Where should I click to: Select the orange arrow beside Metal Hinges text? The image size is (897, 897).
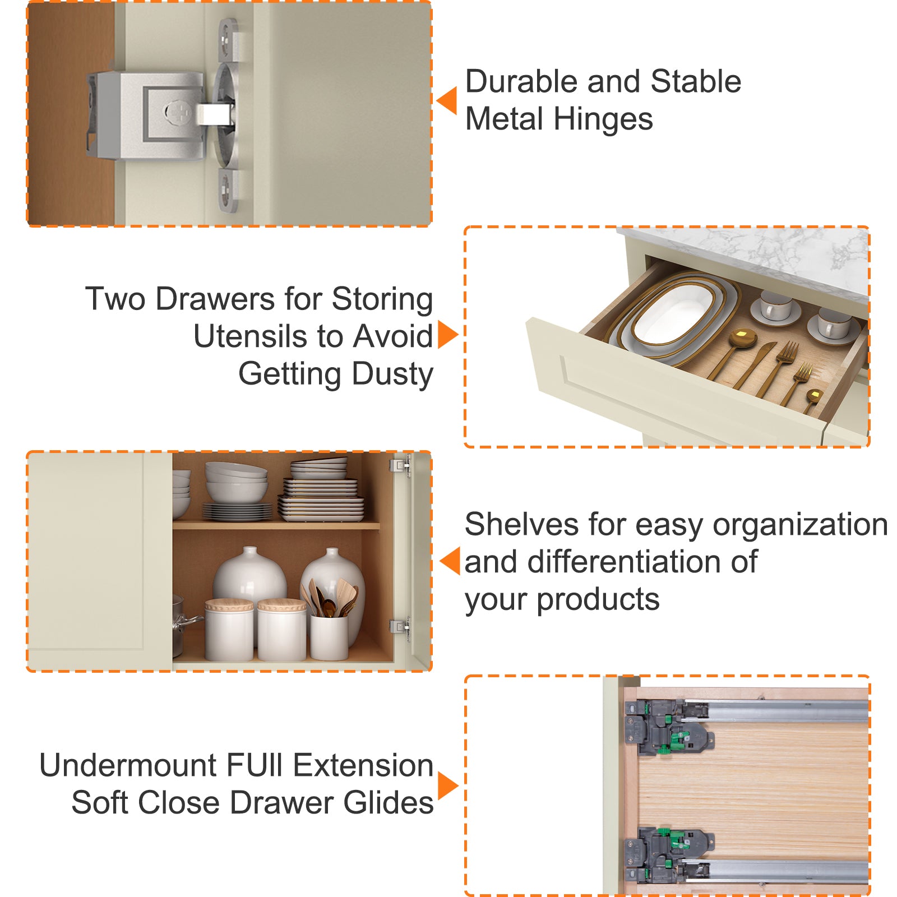point(447,101)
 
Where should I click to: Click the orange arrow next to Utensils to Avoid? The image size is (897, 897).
point(448,335)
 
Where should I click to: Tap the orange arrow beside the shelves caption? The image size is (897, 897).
point(450,561)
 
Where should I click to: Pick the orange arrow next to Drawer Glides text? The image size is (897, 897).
point(448,785)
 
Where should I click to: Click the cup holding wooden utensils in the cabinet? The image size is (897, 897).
point(329,636)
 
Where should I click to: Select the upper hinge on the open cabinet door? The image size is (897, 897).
point(400,465)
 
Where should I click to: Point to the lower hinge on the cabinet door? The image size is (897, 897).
point(400,627)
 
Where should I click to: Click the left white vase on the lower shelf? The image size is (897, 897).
point(250,577)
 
